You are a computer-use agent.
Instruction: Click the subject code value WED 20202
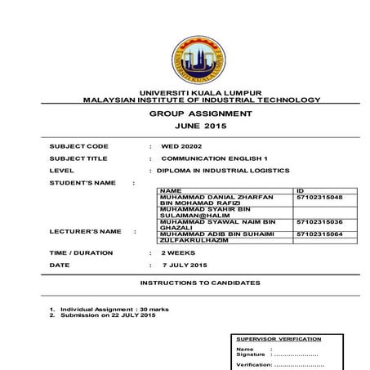pos(180,146)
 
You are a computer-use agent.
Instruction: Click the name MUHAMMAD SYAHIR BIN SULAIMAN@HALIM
pos(208,212)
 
